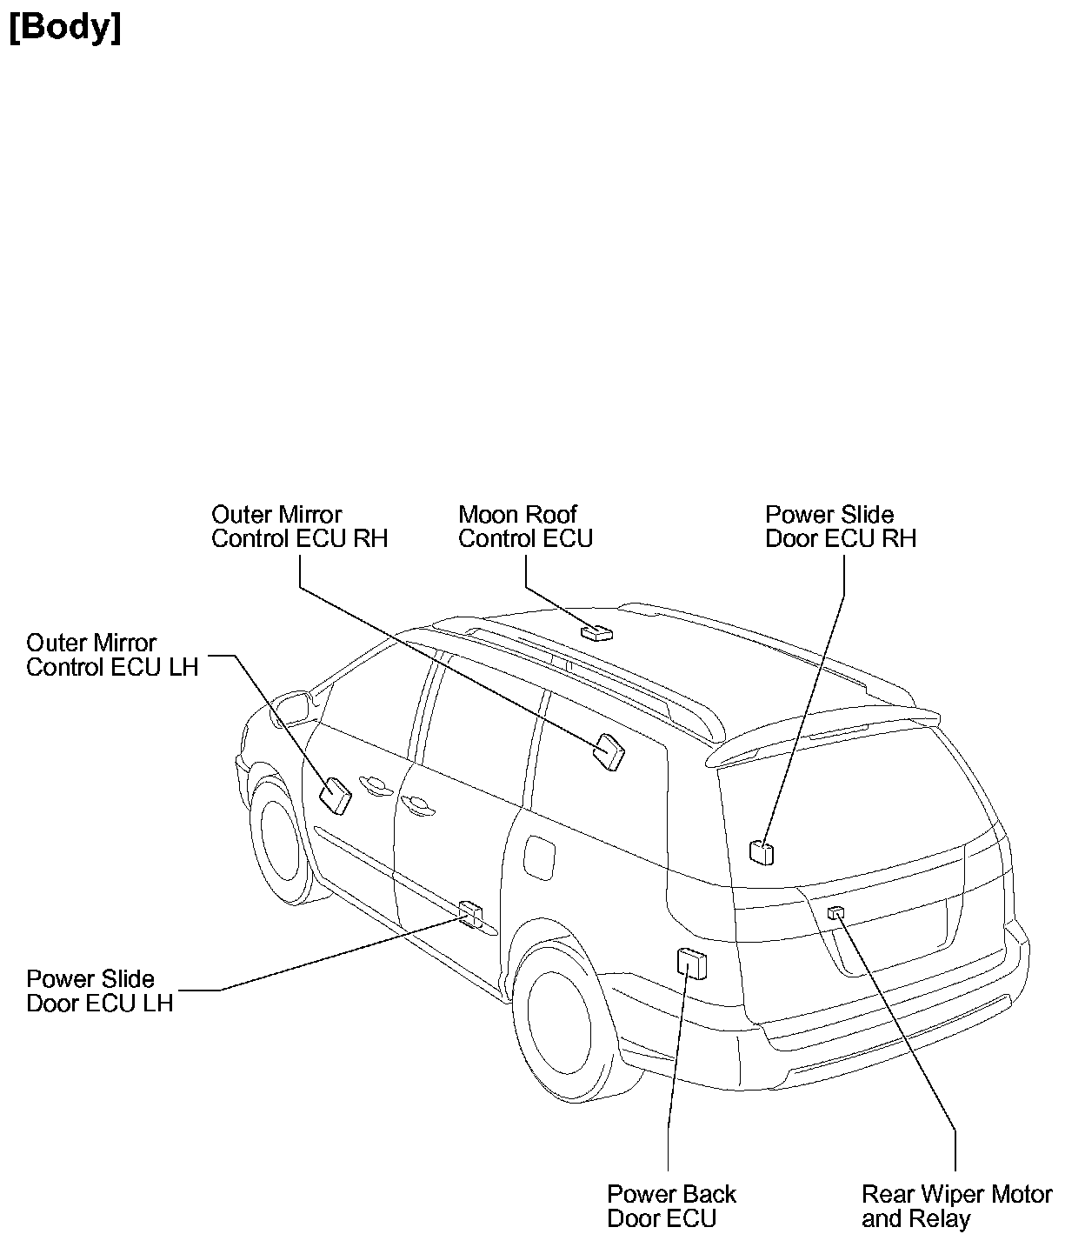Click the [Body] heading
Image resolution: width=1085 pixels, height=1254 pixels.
pyautogui.click(x=65, y=28)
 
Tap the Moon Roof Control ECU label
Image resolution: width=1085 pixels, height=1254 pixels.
pyautogui.click(x=525, y=527)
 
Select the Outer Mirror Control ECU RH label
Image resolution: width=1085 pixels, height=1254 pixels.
pyautogui.click(x=299, y=527)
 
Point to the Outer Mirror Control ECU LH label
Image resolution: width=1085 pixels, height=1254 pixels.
pyautogui.click(x=112, y=655)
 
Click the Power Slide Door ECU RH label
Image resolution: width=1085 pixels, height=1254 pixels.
pyautogui.click(x=840, y=527)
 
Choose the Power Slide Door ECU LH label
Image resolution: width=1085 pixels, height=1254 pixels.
pyautogui.click(x=99, y=991)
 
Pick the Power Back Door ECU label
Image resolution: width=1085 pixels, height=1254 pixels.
pyautogui.click(x=671, y=1206)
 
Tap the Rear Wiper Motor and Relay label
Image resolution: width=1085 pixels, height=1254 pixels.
pyautogui.click(x=956, y=1206)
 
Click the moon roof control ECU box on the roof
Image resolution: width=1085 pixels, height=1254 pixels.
pyautogui.click(x=597, y=632)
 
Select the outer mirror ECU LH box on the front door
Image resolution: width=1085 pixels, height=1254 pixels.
pyautogui.click(x=335, y=795)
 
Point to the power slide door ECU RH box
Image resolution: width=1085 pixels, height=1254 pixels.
pyautogui.click(x=762, y=852)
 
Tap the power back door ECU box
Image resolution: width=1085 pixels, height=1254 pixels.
pyautogui.click(x=691, y=964)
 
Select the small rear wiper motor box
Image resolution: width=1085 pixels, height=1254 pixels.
pyautogui.click(x=836, y=912)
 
